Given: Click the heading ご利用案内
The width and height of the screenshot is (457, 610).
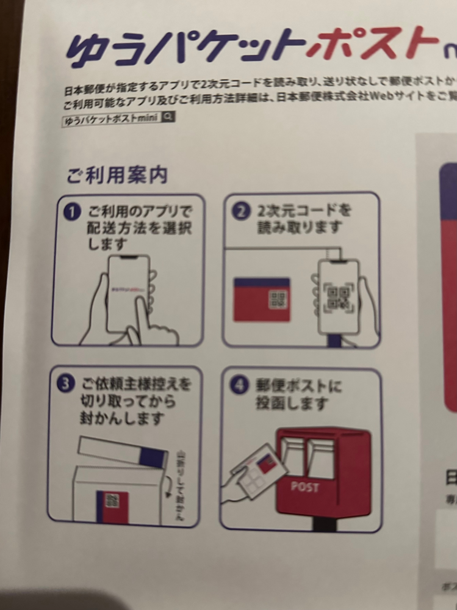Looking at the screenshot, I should point(117,176).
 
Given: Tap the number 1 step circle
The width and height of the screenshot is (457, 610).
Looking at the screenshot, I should point(73,213).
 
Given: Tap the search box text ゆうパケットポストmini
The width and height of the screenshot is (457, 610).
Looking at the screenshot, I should point(111,119).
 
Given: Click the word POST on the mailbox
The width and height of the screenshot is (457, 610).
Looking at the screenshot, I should point(304,487).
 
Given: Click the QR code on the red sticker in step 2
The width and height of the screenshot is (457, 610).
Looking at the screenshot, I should point(278,299).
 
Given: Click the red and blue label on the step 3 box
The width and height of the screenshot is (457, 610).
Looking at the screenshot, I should point(112,506).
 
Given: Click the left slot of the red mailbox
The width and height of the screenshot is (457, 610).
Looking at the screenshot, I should point(295,456).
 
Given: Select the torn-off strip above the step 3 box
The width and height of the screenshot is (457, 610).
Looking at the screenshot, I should point(123,451).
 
